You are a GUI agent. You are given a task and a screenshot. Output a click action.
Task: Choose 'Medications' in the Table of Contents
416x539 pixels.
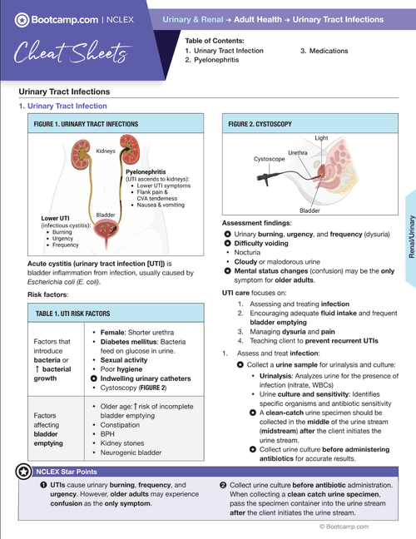click(330, 50)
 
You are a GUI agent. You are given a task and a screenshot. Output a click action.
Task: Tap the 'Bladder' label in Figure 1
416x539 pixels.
click(106, 215)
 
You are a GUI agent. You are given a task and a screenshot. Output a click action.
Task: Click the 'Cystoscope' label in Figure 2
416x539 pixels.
click(270, 157)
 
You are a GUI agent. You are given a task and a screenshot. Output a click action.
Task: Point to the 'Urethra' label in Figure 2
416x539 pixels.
click(300, 153)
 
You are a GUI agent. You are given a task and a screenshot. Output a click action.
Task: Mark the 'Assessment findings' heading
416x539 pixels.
click(256, 224)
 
